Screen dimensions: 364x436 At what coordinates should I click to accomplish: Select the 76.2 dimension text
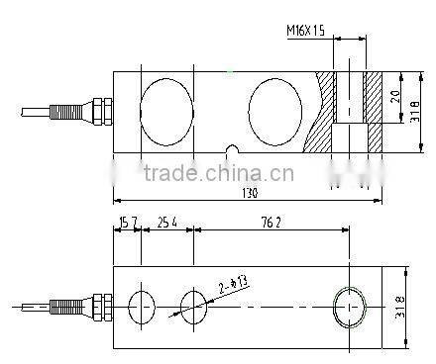[271, 223]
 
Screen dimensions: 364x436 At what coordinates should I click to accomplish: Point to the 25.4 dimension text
[166, 223]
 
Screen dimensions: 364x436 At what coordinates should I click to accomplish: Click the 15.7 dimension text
[127, 223]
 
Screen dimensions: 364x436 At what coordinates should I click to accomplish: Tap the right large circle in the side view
[274, 104]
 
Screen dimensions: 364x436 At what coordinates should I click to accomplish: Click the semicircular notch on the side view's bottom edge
[231, 152]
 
